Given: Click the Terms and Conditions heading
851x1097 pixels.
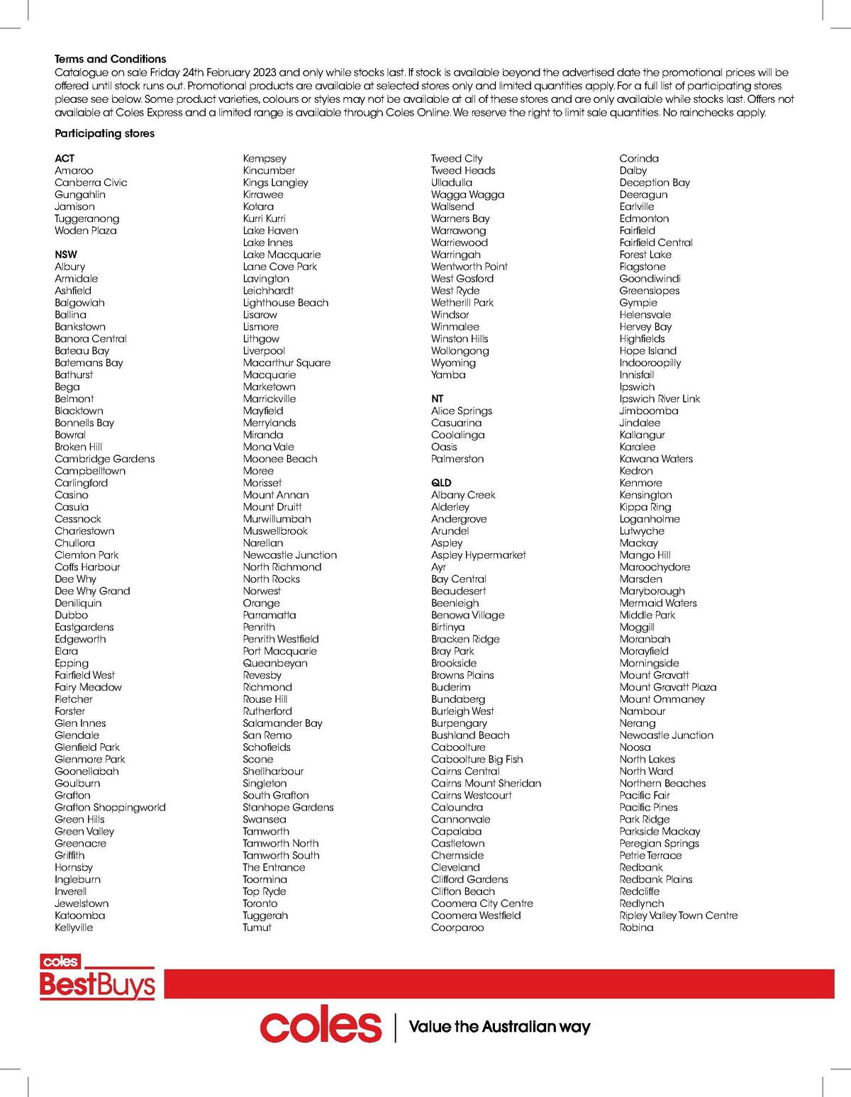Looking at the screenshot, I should tap(110, 59).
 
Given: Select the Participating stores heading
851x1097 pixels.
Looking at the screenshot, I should tap(104, 133).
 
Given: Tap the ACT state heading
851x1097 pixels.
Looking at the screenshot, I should tap(65, 158).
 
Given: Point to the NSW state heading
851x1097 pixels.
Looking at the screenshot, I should tap(66, 255).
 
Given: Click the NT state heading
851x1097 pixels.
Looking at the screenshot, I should tap(437, 399).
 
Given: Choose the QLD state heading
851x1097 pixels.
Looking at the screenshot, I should tap(441, 483).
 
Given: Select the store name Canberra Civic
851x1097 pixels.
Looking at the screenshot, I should tap(91, 182).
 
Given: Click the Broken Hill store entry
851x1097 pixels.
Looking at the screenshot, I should tap(78, 447).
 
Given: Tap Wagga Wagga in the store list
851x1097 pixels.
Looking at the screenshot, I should tap(467, 194).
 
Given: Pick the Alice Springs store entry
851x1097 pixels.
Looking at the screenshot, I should tap(461, 411).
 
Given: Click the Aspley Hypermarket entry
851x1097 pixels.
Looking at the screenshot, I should tap(478, 555).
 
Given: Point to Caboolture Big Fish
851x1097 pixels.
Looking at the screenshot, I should tap(477, 759).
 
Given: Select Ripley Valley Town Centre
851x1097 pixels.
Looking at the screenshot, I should tap(678, 915).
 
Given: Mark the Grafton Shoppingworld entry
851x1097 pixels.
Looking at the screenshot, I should tap(110, 807).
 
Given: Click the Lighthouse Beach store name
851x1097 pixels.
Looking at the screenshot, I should tap(285, 303).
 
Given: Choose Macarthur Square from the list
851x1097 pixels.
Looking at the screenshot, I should tap(287, 362).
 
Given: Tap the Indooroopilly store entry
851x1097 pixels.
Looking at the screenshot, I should tap(650, 362).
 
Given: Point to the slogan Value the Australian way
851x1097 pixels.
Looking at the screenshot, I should tap(499, 1027).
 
